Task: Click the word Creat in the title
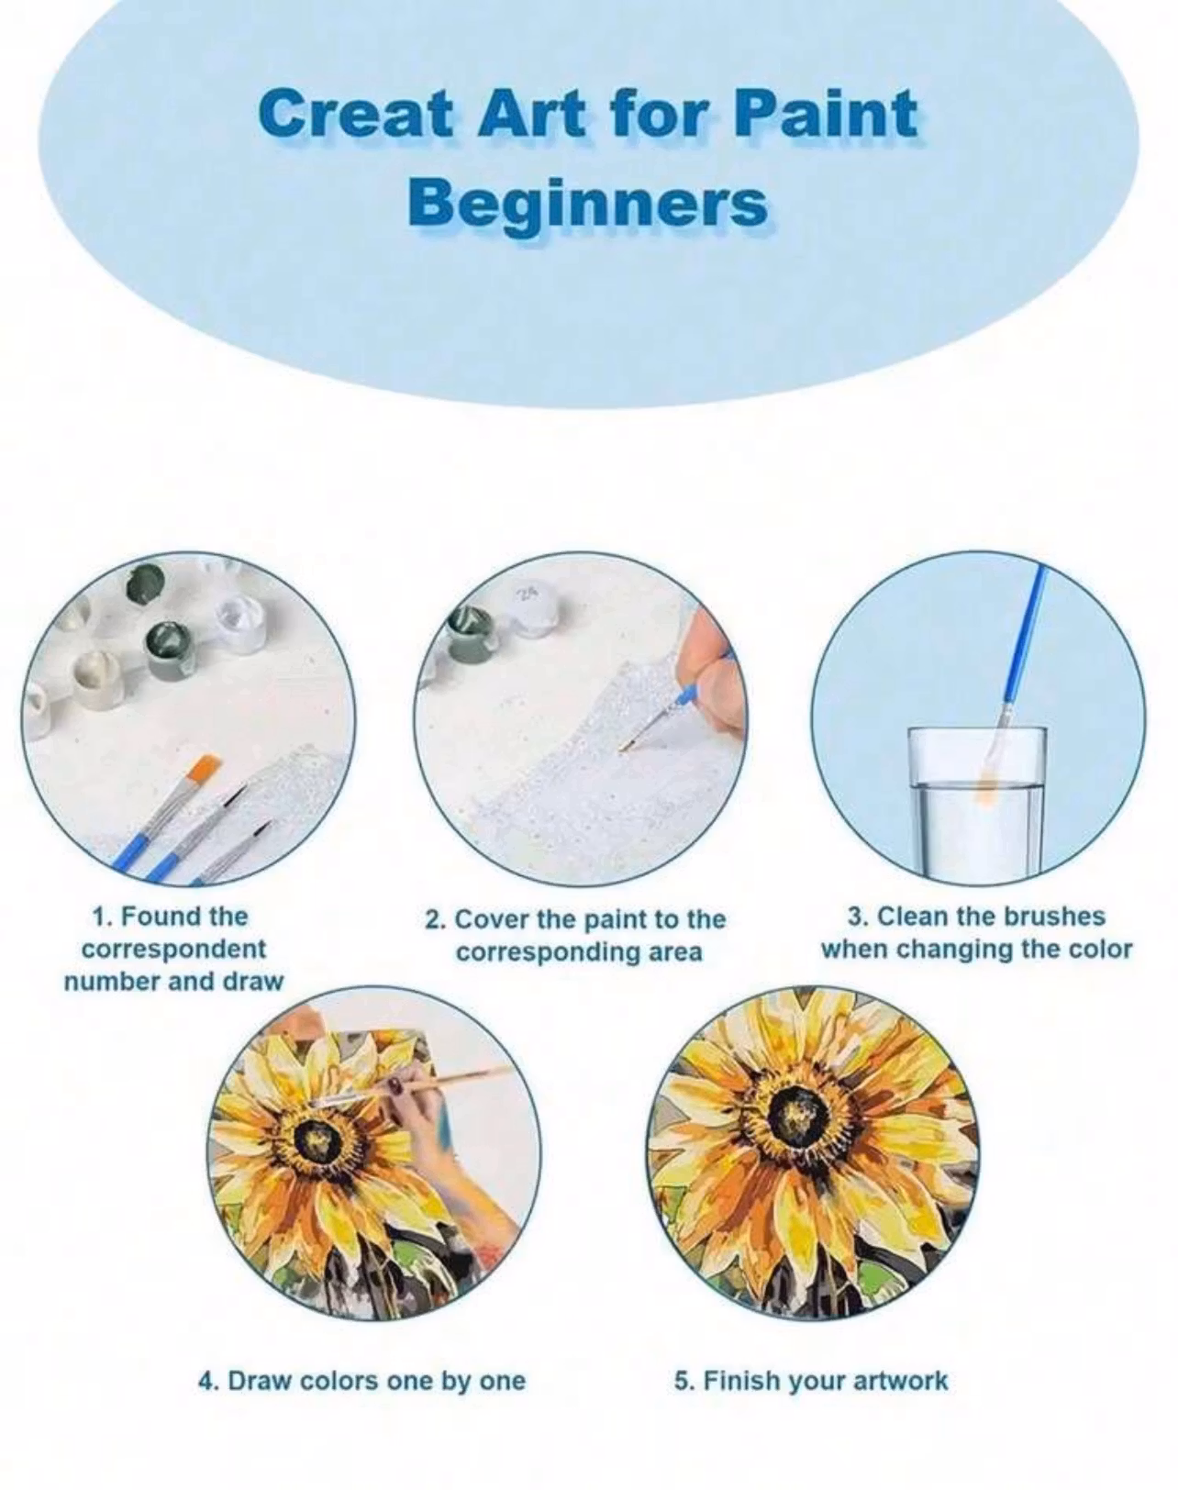point(354,115)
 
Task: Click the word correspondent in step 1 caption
point(173,950)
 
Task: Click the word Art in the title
point(533,115)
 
